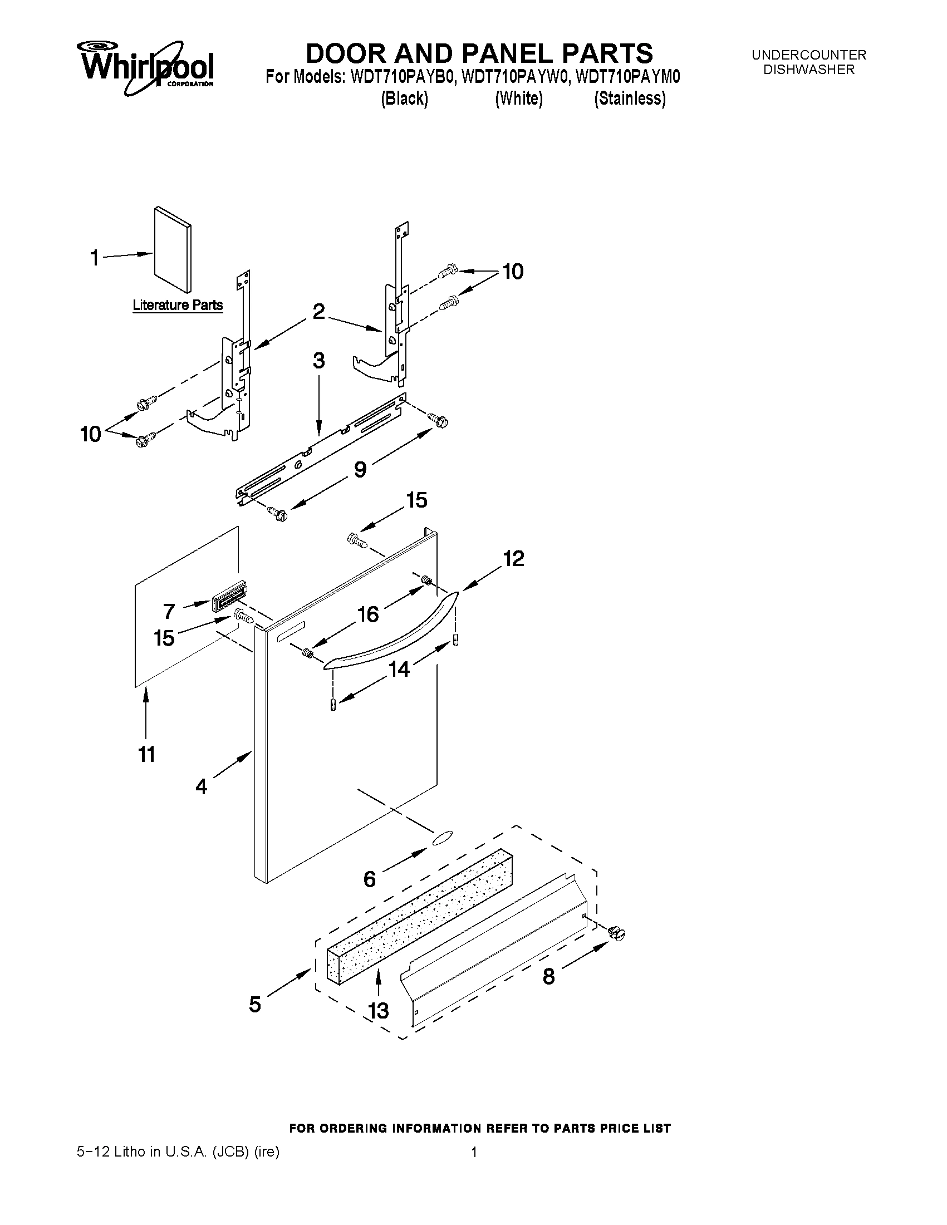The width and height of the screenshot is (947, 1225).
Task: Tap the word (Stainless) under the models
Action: tap(630, 99)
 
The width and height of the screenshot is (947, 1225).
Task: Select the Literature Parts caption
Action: tap(177, 305)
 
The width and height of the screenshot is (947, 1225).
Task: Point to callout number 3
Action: tap(318, 361)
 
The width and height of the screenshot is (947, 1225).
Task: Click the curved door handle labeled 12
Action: tap(392, 631)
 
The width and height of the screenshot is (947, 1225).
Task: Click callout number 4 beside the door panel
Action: tap(202, 786)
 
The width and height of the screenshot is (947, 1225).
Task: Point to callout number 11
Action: tap(146, 754)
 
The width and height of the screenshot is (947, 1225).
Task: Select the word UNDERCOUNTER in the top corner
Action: tap(808, 55)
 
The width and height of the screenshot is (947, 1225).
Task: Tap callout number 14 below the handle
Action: tap(399, 668)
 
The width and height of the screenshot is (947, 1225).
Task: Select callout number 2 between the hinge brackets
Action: tap(318, 311)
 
